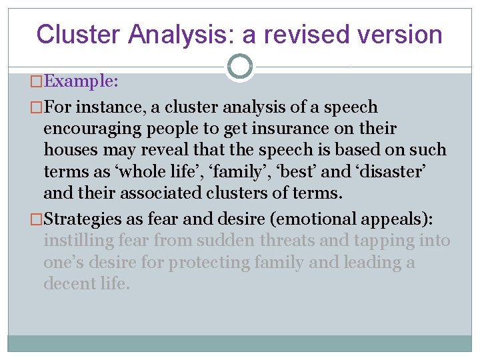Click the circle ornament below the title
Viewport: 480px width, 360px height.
coord(239,66)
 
